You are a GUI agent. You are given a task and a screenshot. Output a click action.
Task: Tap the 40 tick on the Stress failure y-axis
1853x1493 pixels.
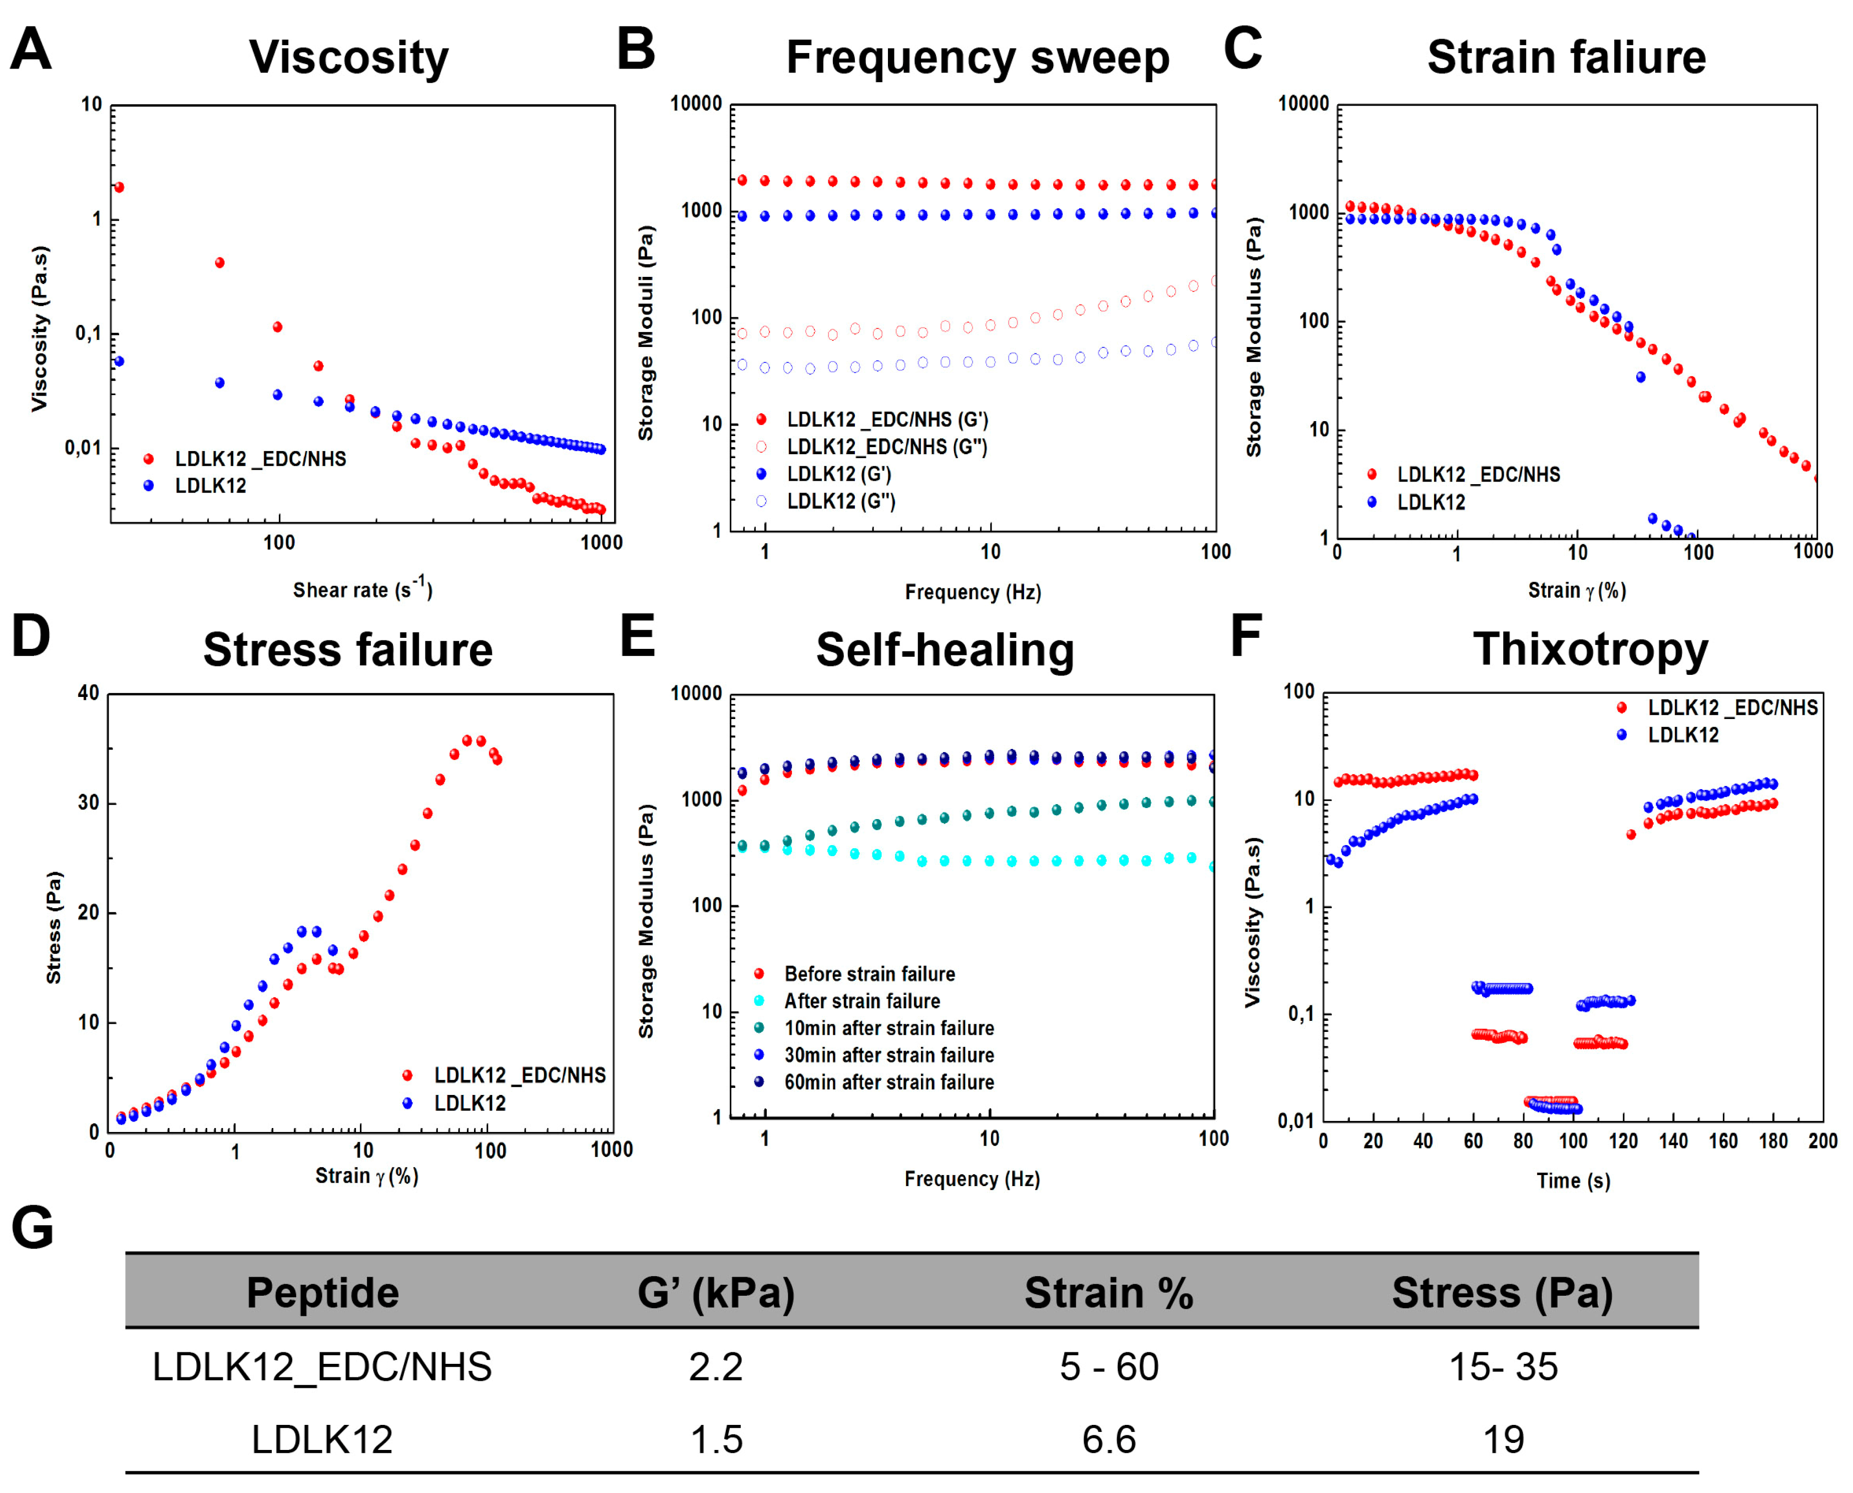[89, 693]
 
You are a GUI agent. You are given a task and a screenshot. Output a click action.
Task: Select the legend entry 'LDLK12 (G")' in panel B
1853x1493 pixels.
[840, 501]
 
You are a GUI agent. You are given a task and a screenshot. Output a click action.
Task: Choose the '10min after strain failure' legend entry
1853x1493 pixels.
[888, 1028]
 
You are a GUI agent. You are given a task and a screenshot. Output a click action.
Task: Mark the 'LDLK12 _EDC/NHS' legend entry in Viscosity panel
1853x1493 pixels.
[260, 459]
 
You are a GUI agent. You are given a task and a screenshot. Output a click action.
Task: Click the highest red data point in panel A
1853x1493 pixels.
[120, 187]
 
